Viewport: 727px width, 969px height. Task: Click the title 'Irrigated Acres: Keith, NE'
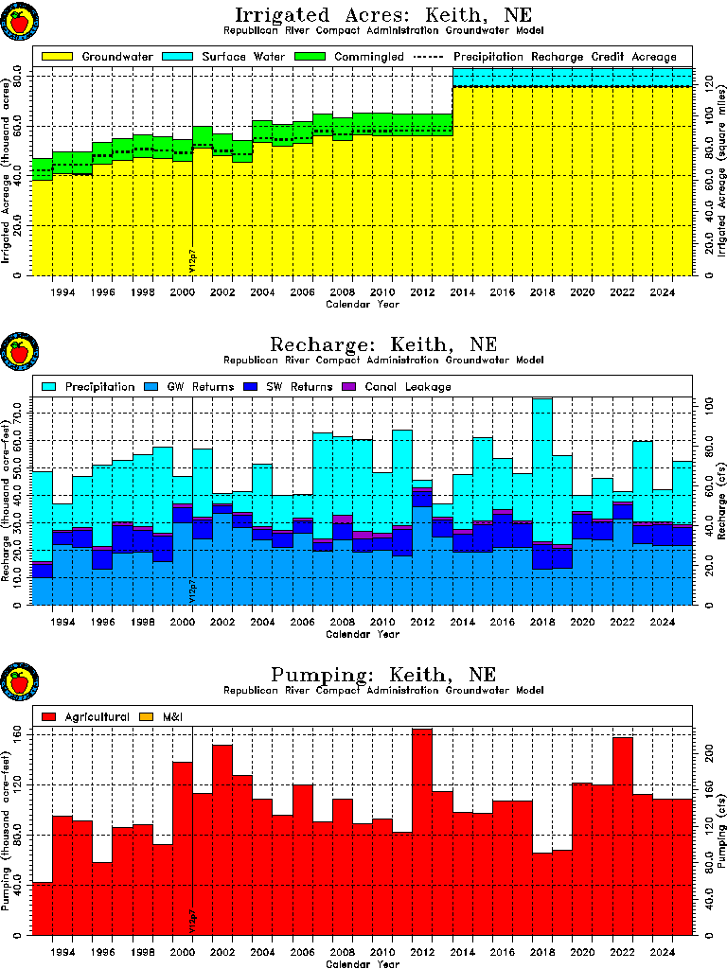click(383, 14)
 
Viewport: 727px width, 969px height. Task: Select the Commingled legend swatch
click(310, 57)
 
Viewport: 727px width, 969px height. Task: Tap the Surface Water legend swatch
click(177, 57)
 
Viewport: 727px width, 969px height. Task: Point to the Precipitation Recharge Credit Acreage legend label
click(565, 57)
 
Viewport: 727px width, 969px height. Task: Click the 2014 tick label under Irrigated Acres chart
click(462, 292)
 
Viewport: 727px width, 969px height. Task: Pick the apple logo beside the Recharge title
click(20, 352)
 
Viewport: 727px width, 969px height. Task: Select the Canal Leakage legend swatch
click(349, 387)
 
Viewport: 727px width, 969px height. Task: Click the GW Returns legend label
click(201, 387)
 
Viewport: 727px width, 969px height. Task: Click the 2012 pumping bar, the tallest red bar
click(422, 832)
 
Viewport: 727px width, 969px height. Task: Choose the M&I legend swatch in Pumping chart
click(147, 717)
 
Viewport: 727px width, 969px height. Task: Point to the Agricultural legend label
click(98, 717)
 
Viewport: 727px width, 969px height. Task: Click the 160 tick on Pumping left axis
click(17, 735)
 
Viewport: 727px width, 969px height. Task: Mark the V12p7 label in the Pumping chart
click(192, 920)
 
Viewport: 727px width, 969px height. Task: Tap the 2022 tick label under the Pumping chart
click(622, 952)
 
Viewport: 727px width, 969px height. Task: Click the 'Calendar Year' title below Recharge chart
click(363, 634)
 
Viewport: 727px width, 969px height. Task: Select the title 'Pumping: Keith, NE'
click(383, 674)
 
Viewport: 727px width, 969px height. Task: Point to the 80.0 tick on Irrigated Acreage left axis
click(17, 77)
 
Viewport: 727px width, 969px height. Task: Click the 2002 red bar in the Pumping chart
click(222, 840)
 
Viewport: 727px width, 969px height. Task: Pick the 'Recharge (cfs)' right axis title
click(720, 501)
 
